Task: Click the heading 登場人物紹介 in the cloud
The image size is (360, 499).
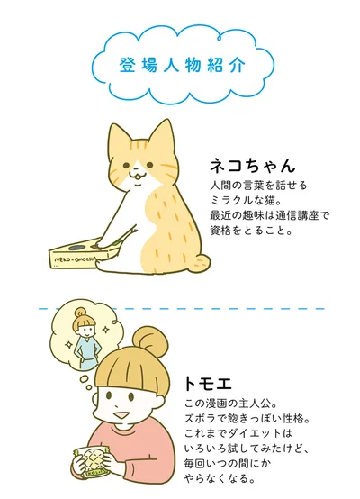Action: point(179,67)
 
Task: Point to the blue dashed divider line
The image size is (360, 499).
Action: point(179,309)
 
